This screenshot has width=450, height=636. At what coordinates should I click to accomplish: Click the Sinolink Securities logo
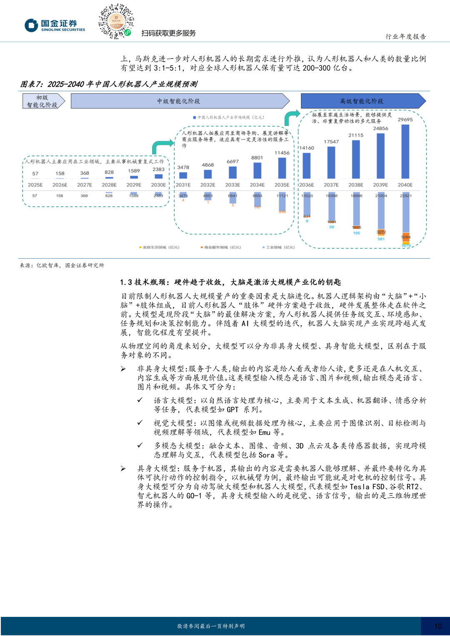[55, 25]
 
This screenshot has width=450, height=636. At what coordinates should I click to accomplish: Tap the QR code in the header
[116, 21]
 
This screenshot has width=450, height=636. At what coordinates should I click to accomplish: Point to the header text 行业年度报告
[405, 37]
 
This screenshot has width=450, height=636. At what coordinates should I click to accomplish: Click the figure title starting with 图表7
[109, 84]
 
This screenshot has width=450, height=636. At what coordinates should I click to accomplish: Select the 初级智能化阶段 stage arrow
[43, 101]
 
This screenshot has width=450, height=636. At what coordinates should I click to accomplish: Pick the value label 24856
[380, 129]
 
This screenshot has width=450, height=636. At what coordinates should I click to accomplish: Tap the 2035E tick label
[282, 185]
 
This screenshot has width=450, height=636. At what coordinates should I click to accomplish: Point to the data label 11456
[282, 153]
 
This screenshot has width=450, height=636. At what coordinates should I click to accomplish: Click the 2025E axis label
[35, 185]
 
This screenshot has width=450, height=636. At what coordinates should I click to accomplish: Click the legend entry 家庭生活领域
[159, 247]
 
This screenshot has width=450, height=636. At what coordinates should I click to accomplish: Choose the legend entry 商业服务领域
[221, 247]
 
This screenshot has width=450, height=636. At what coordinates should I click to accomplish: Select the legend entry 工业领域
[279, 247]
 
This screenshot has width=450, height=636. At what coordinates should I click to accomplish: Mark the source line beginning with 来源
[62, 265]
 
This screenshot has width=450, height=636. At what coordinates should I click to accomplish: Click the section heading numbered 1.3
[230, 282]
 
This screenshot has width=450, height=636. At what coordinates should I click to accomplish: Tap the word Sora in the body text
[266, 455]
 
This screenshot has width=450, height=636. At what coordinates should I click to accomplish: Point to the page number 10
[438, 626]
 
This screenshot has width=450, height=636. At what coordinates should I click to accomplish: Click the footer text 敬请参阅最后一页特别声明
[211, 626]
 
